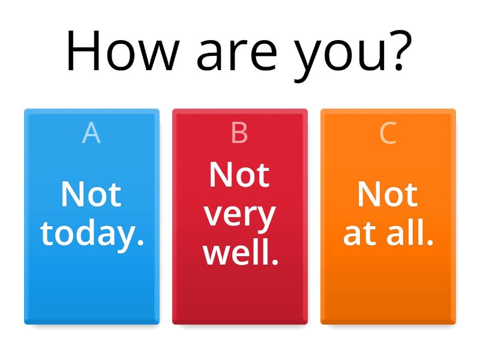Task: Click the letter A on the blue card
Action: click(x=91, y=133)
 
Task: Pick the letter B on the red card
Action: click(x=239, y=133)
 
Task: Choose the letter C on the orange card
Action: click(x=388, y=133)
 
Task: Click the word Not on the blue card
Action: click(x=91, y=194)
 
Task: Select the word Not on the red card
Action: click(x=239, y=175)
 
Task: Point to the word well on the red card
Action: click(x=236, y=253)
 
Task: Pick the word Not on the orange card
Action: click(x=388, y=194)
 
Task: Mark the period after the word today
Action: click(x=140, y=244)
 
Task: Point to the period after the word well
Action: click(x=275, y=263)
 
